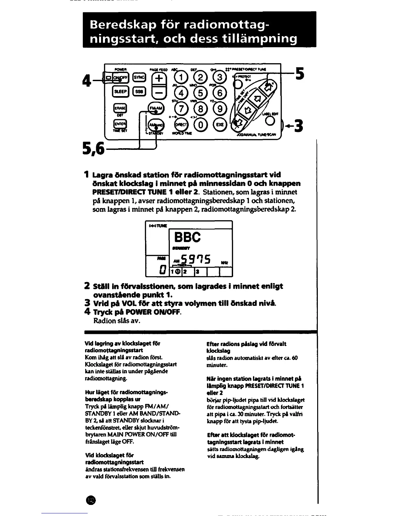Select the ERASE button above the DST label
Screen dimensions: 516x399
(x=119, y=108)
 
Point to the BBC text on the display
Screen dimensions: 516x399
(x=187, y=237)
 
